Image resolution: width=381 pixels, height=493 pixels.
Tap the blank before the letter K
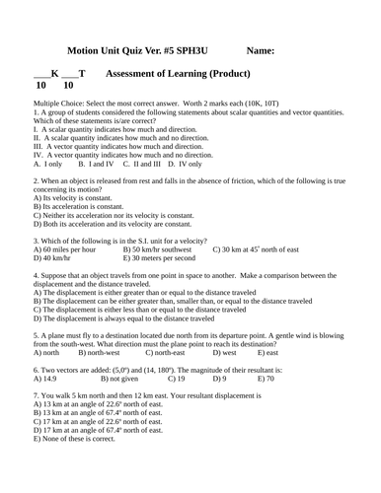click(x=42, y=76)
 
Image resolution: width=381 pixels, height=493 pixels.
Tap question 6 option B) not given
click(x=118, y=378)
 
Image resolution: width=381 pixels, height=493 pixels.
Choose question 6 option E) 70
click(x=267, y=378)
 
